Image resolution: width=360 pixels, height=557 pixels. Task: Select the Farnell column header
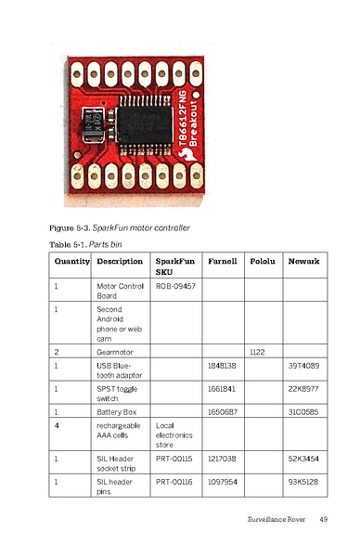223,262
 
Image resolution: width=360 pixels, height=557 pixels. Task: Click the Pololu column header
264,262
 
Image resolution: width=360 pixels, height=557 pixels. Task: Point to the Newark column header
303,262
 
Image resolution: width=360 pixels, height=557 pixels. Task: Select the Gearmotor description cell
117,352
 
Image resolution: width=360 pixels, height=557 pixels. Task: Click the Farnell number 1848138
223,367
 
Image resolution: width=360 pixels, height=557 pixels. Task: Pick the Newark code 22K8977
304,388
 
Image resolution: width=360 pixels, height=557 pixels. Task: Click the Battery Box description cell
119,409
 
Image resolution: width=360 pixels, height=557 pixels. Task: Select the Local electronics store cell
174,434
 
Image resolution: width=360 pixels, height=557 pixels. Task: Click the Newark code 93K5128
304,483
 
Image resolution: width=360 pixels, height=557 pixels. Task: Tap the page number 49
324,518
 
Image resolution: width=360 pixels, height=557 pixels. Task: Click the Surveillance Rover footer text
276,518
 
